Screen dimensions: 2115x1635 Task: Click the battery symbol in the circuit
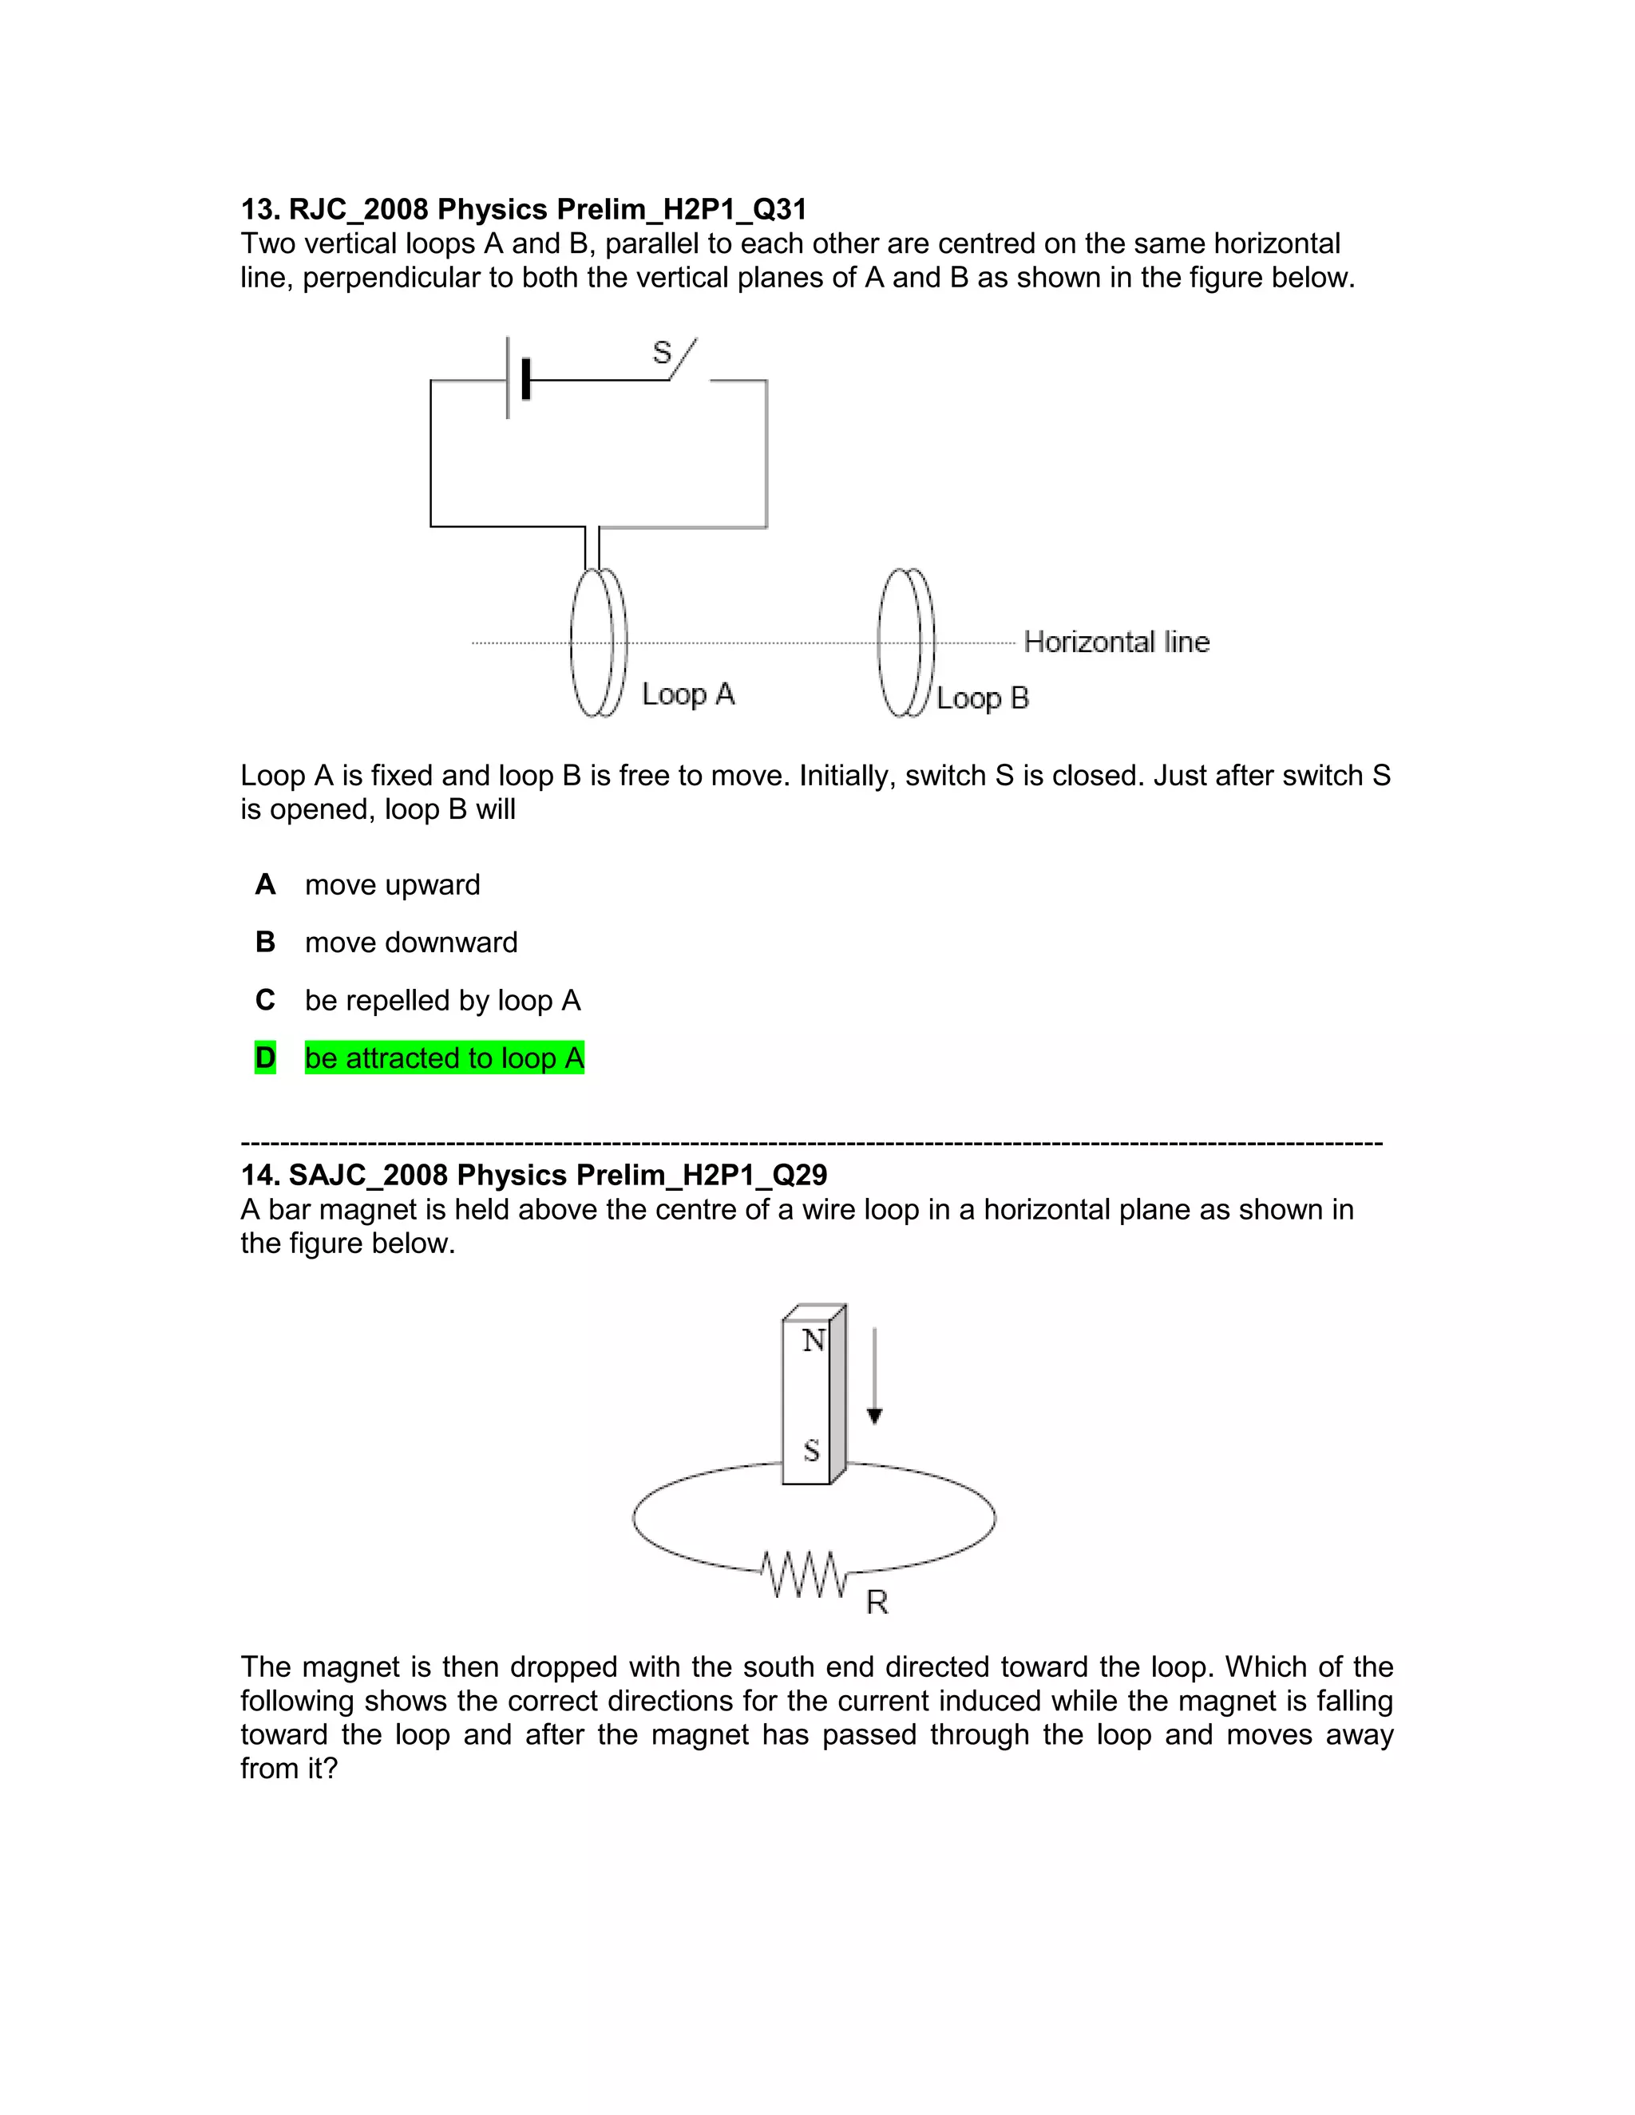517,378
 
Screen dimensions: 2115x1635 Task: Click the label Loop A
687,694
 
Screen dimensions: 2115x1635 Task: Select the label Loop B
982,698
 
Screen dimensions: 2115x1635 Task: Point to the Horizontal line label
1116,642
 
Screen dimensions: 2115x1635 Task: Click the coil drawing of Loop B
905,642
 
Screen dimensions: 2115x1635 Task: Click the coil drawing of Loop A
599,642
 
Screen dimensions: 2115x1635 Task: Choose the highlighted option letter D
265,1057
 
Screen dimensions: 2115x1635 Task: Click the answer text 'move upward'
392,884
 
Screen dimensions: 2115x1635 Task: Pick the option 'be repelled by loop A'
442,1000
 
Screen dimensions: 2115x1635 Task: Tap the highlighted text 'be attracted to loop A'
445,1057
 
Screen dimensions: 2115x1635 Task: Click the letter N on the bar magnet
813,1342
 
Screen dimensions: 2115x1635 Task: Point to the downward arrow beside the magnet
875,1375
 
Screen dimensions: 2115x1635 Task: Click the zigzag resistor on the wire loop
803,1575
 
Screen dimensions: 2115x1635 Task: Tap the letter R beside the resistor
877,1603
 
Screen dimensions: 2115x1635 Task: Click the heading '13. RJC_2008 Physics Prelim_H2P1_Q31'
523,209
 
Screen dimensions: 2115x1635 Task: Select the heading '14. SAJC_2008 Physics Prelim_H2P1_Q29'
534,1175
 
